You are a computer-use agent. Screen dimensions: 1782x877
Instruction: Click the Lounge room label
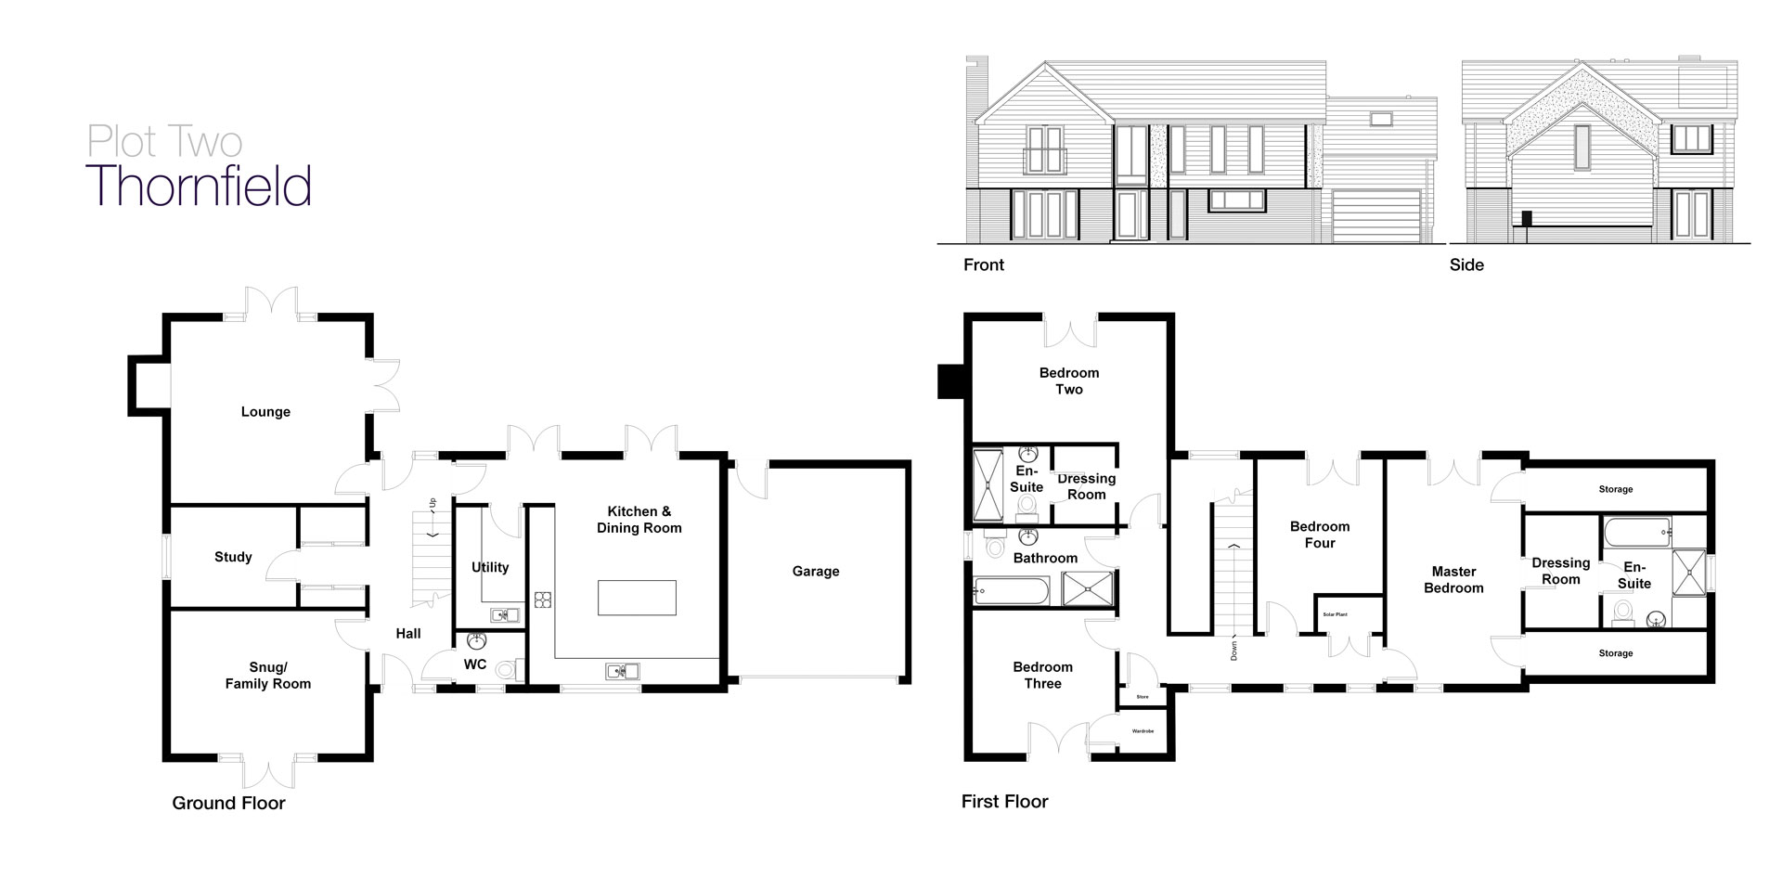(x=265, y=412)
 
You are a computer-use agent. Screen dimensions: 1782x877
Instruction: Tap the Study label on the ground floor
(x=233, y=557)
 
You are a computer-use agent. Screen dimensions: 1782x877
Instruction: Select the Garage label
(x=816, y=572)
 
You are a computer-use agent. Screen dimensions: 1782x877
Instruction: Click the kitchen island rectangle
(x=637, y=598)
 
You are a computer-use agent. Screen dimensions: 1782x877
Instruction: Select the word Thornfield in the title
(x=199, y=186)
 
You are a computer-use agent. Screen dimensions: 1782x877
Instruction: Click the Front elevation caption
(x=984, y=264)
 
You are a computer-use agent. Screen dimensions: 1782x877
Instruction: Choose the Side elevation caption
(x=1466, y=264)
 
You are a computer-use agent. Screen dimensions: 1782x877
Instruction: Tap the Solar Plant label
(x=1335, y=614)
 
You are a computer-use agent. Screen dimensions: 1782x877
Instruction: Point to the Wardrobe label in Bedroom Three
(x=1143, y=731)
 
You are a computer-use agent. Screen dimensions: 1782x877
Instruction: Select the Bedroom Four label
(x=1320, y=535)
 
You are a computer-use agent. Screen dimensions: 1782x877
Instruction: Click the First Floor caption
(x=1005, y=802)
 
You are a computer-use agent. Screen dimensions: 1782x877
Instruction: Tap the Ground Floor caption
(x=228, y=804)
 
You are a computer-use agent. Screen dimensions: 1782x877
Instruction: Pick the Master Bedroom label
(x=1453, y=580)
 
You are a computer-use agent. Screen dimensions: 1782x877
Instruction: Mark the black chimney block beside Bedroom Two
(x=952, y=381)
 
